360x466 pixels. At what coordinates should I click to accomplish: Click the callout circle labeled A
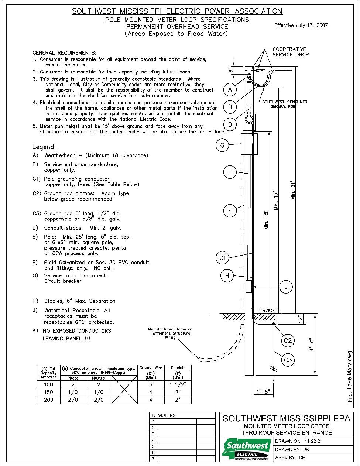point(230,90)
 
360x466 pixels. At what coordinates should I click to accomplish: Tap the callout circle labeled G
point(222,145)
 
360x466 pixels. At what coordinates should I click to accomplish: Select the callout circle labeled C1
point(223,257)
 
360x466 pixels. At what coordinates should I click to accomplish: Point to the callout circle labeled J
point(286,287)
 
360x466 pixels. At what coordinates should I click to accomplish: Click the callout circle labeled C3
point(288,360)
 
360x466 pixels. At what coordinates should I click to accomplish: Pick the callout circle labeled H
point(227,275)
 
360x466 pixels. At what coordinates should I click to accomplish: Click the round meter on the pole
point(249,119)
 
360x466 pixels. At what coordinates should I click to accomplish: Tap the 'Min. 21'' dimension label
point(293,191)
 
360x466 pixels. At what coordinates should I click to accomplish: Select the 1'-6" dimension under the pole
point(263,391)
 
